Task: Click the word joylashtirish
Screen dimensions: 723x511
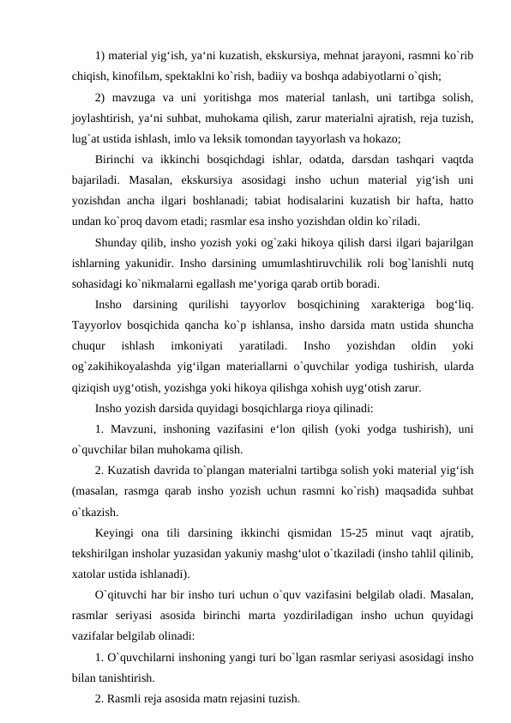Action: pyautogui.click(x=104, y=117)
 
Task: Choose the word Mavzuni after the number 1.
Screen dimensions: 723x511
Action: pyautogui.click(x=136, y=428)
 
